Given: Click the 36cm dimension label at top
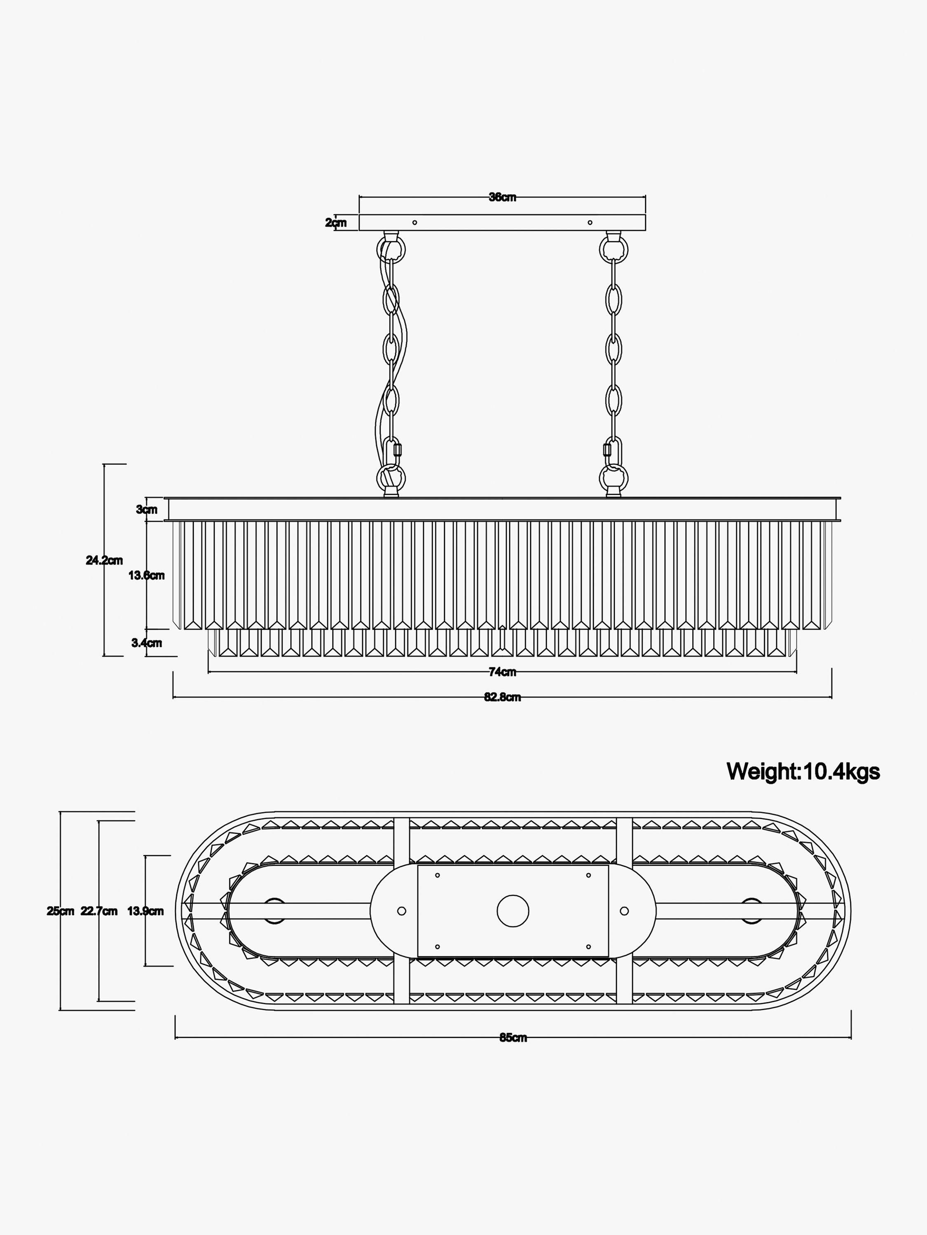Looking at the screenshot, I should [502, 197].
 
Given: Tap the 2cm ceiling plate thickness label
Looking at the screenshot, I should [336, 223].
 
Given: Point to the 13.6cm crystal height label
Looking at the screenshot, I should [146, 575].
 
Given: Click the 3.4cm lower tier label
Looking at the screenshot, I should [146, 643].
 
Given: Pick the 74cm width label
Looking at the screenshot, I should [502, 672].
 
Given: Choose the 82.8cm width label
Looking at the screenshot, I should [502, 697].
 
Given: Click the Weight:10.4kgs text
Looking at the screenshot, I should [803, 771].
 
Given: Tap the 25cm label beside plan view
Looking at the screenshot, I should [60, 911].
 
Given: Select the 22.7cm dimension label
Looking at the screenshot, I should [99, 911].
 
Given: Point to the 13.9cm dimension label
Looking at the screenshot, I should [145, 911].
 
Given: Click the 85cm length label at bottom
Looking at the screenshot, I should [513, 1037].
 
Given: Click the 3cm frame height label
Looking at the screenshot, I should [146, 509].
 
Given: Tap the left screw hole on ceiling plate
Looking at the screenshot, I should [414, 222].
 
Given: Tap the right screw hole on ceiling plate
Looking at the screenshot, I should [590, 222].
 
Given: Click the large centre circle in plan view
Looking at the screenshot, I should [513, 911].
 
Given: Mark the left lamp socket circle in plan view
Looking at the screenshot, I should [274, 911].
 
